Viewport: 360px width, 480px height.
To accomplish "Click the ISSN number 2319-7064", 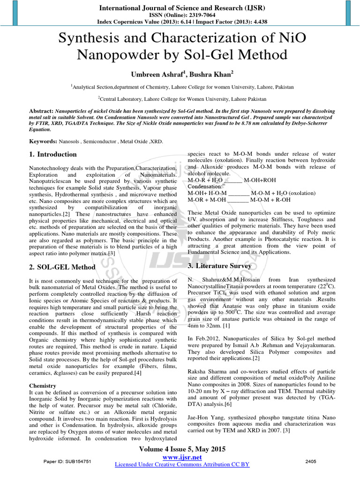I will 195,15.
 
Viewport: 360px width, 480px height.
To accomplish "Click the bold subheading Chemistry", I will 43,385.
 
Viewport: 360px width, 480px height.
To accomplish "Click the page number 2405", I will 311,462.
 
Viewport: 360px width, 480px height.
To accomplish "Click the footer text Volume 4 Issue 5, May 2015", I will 180,449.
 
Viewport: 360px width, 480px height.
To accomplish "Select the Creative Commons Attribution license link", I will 182,464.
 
